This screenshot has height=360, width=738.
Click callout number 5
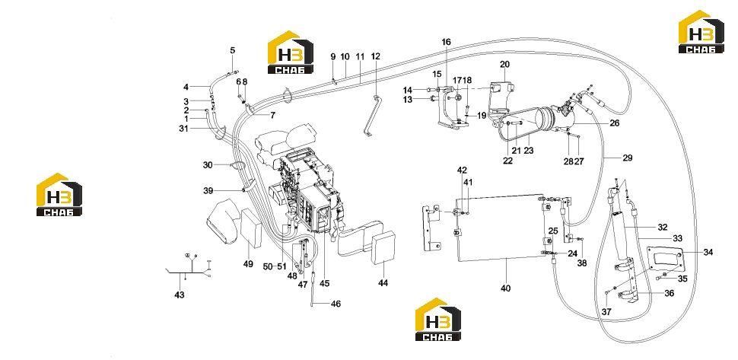coord(232,50)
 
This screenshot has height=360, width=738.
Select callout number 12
coord(375,56)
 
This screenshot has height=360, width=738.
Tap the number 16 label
coord(446,42)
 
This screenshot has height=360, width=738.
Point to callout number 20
coord(504,64)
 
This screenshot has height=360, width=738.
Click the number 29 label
coord(628,158)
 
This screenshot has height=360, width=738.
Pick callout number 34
coord(708,252)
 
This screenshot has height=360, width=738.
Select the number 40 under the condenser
coord(505,288)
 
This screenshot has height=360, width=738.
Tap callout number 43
coord(180,295)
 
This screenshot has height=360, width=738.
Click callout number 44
coord(383,283)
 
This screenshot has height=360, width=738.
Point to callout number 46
coord(336,304)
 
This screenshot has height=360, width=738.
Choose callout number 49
coord(248,264)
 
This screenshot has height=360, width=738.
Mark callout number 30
coord(208,164)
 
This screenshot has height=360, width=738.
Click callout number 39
coord(208,190)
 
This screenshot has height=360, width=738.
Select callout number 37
coord(606,311)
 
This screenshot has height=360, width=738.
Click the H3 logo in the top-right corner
coord(701,31)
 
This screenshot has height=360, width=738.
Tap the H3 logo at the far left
coord(59,194)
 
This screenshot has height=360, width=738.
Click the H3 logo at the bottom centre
coord(437,319)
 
